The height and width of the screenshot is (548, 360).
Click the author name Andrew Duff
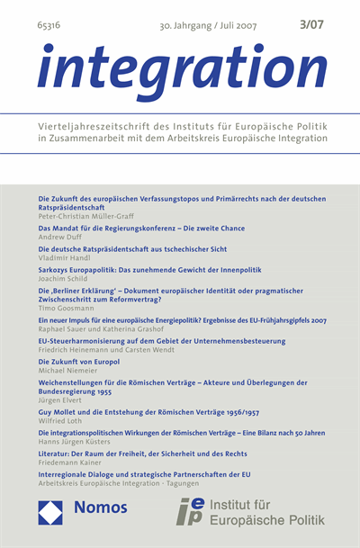(x=58, y=238)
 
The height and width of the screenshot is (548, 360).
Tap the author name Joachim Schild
(x=62, y=276)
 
